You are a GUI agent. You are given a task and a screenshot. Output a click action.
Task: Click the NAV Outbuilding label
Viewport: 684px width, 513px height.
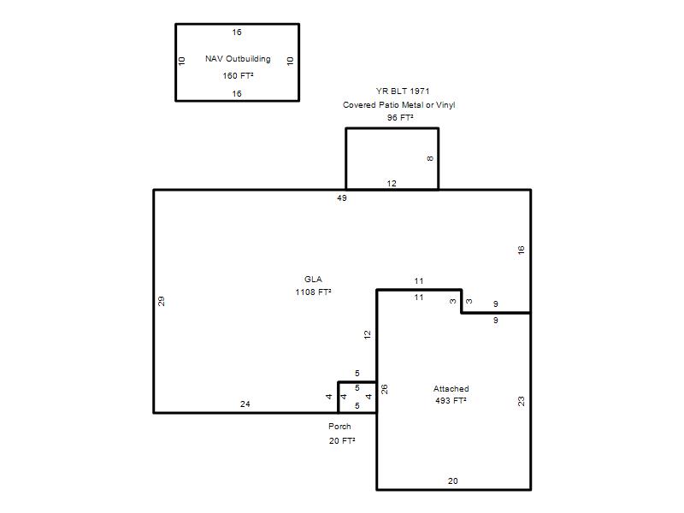238,59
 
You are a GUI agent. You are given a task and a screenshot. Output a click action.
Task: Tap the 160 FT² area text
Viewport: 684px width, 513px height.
238,76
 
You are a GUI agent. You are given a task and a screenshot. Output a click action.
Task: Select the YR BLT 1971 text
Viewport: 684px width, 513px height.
403,91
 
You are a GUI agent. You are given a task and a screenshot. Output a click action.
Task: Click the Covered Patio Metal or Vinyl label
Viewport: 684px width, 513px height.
398,104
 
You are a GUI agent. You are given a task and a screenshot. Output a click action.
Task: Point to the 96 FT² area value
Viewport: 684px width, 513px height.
400,118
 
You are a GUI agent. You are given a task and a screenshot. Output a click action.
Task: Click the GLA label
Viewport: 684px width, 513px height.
313,280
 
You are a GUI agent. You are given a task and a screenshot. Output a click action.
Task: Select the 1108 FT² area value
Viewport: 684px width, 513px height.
313,292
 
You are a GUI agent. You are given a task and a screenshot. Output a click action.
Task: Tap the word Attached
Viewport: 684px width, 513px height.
451,389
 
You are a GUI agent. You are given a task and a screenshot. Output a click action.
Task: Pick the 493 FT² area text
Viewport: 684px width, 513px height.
451,400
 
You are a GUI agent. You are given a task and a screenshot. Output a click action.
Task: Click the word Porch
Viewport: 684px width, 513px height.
339,426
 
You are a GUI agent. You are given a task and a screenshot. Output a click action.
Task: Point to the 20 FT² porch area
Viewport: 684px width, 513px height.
342,441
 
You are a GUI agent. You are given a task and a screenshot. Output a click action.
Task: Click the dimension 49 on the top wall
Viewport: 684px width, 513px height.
342,198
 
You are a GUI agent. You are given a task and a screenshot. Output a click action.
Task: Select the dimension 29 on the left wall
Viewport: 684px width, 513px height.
161,302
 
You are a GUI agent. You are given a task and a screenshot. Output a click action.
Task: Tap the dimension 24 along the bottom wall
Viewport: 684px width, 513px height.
245,404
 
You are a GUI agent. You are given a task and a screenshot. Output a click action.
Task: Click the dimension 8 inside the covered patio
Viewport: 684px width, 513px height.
431,159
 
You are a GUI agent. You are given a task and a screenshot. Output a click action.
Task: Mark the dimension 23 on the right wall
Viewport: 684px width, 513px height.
521,401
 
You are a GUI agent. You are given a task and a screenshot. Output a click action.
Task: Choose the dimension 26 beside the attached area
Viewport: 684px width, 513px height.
384,389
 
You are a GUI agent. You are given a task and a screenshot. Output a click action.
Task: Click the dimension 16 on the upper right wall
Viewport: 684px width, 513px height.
521,251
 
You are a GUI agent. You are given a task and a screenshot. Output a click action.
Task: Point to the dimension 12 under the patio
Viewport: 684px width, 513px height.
392,184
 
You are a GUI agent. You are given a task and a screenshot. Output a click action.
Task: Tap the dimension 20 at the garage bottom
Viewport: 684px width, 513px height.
453,481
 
